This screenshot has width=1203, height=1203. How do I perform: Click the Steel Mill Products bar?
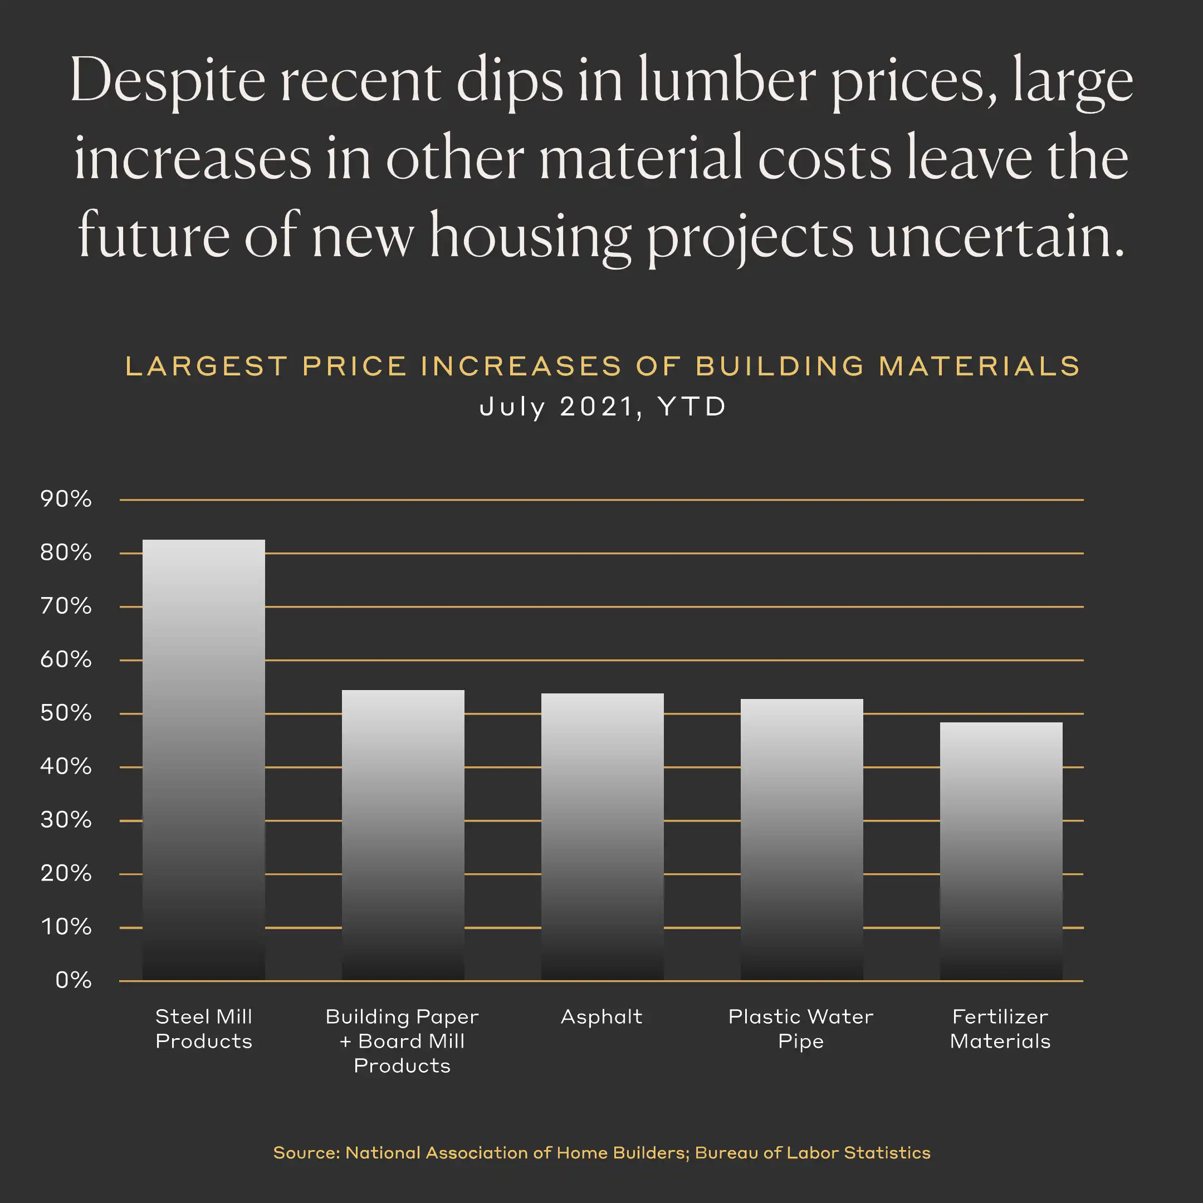click(204, 760)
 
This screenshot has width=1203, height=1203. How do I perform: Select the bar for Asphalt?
click(602, 837)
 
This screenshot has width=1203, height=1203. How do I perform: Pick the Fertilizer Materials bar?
click(1001, 851)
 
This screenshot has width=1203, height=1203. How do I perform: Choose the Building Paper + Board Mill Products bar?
click(403, 835)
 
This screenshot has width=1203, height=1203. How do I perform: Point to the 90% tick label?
click(66, 500)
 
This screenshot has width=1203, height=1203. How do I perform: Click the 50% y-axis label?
click(66, 713)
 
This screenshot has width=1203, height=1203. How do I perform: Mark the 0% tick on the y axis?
click(74, 981)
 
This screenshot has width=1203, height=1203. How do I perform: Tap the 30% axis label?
click(66, 820)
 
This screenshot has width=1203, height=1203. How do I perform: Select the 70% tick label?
click(66, 607)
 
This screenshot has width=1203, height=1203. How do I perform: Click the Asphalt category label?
click(601, 1017)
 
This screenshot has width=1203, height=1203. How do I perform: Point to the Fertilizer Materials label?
click(1000, 1029)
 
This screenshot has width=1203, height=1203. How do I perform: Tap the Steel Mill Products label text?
click(204, 1029)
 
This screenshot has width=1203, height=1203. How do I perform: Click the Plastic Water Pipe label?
click(801, 1029)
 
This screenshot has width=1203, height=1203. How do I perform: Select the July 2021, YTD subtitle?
click(602, 407)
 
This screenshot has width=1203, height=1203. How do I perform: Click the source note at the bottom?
click(601, 1152)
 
